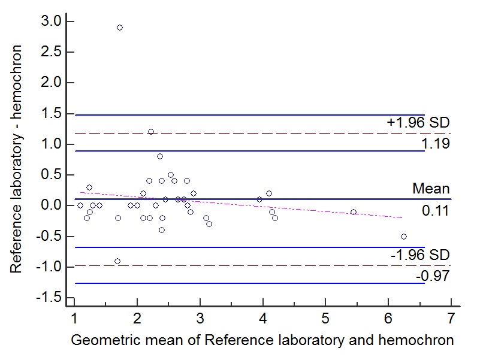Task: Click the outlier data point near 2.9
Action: point(120,28)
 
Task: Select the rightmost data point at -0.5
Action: point(404,237)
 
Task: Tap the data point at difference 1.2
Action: point(151,132)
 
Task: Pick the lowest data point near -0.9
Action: point(117,261)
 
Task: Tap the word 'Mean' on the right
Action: point(430,189)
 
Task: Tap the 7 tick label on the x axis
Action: point(451,317)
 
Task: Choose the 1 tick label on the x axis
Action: point(74,317)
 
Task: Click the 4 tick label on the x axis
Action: point(262,317)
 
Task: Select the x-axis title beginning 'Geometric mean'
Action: point(262,341)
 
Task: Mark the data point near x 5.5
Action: point(354,212)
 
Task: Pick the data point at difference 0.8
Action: point(160,156)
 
